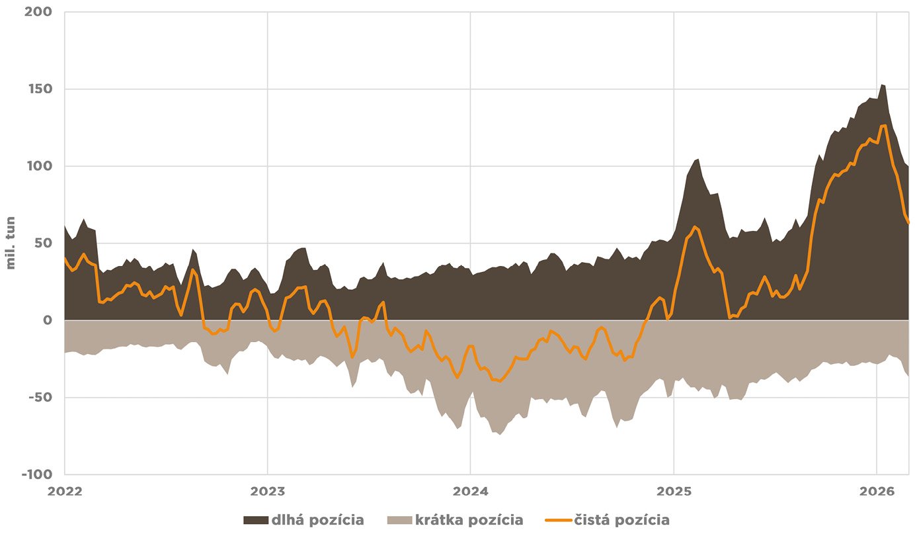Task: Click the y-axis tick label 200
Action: coord(41,12)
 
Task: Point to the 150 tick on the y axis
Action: coord(41,89)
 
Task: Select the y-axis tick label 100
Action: coord(41,166)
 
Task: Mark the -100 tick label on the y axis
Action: coord(38,474)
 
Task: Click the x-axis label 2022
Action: coord(65,492)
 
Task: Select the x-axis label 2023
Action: coord(267,492)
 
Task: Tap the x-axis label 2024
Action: coord(470,492)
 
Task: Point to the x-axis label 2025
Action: coord(673,492)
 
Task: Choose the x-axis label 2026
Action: coord(876,492)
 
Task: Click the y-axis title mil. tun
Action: coord(11,244)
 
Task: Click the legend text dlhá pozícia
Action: coord(317,520)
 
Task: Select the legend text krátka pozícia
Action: coord(469,520)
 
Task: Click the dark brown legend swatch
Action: coord(255,520)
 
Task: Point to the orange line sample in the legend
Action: coord(556,520)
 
